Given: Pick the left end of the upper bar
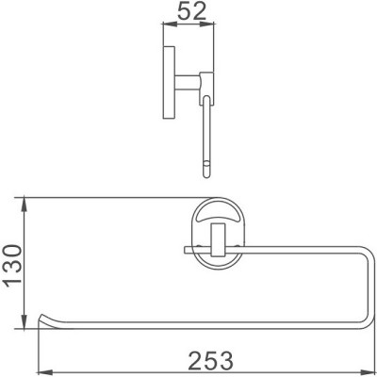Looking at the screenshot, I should point(182,249).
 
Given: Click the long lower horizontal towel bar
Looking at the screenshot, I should point(188,323).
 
